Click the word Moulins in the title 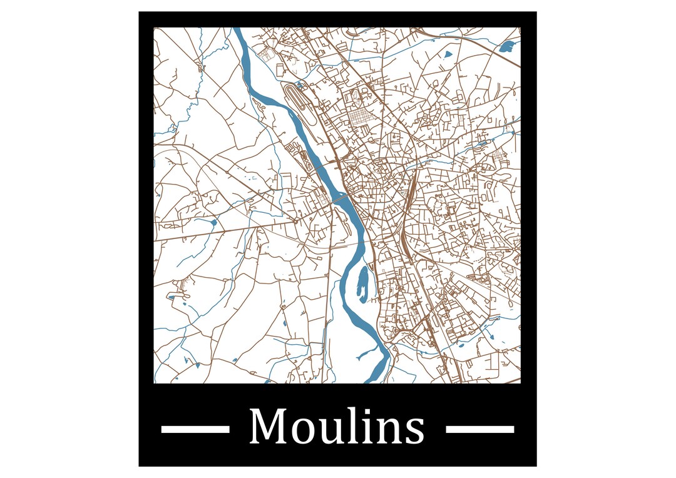(337, 428)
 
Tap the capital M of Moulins (266, 427)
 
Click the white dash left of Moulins (195, 429)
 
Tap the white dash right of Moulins (480, 429)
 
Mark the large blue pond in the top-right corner (510, 45)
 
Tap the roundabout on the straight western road (295, 220)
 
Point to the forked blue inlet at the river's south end (364, 355)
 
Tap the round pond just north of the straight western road (213, 222)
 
